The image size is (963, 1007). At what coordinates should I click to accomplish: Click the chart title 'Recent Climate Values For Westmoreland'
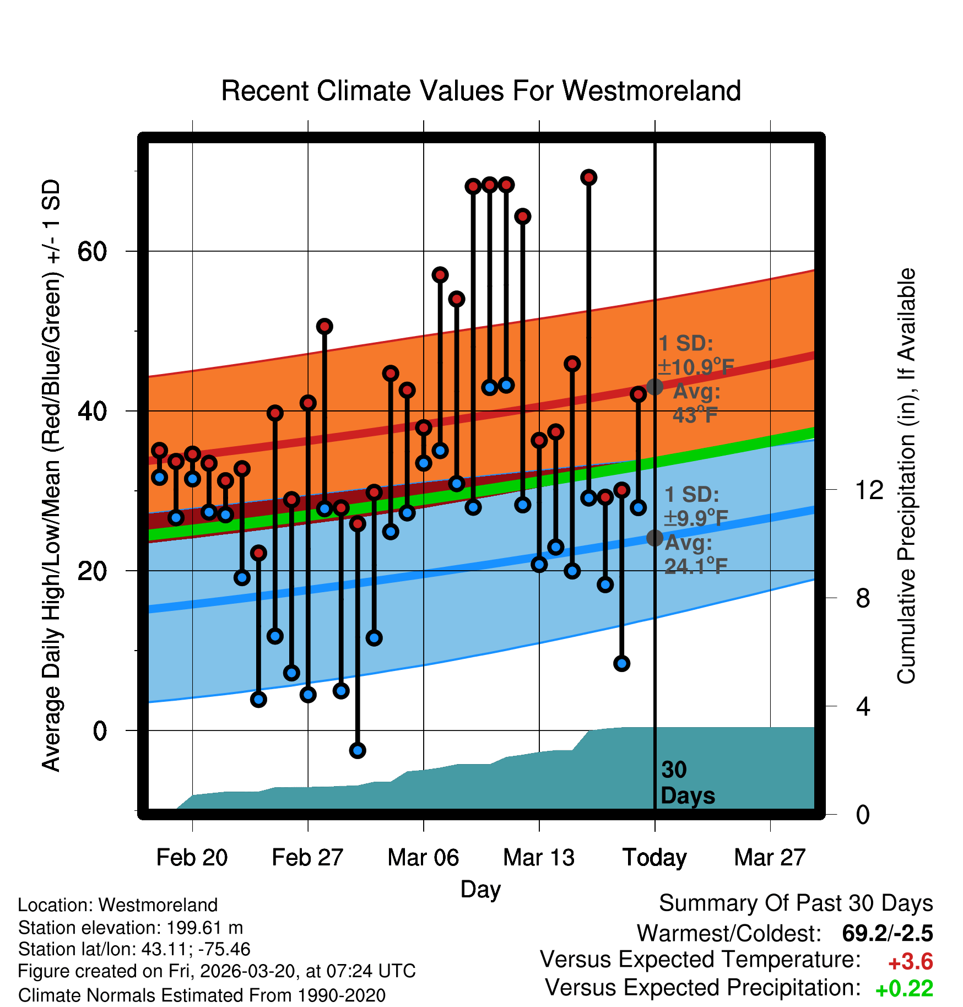click(480, 91)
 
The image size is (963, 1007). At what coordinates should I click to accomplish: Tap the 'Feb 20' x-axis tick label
click(192, 858)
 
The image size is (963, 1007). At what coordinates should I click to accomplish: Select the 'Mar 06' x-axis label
click(423, 858)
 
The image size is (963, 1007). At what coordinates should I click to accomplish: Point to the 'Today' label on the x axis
click(654, 858)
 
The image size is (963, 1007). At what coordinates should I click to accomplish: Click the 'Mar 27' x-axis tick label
click(770, 858)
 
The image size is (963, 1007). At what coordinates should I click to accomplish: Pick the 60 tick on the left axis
click(92, 252)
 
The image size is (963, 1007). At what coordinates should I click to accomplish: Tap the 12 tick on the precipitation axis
click(869, 490)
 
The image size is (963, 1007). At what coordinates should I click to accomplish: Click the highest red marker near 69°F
click(588, 177)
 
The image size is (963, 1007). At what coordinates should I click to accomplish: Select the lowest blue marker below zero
click(358, 750)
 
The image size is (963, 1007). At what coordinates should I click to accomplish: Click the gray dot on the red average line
click(654, 387)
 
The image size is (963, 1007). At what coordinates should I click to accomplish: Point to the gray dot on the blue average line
click(654, 538)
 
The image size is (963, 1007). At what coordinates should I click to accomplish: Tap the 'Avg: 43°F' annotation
click(696, 403)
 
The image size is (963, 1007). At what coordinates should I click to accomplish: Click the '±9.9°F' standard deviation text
click(696, 518)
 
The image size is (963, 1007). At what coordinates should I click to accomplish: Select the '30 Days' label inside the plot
click(687, 783)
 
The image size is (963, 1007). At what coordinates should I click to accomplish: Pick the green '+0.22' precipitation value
click(904, 989)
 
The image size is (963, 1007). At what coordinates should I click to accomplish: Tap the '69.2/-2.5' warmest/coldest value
click(887, 933)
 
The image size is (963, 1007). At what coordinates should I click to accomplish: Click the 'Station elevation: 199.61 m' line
click(131, 928)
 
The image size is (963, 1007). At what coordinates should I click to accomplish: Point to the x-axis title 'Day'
click(480, 889)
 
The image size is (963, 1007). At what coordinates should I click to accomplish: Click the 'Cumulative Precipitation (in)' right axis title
click(906, 476)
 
